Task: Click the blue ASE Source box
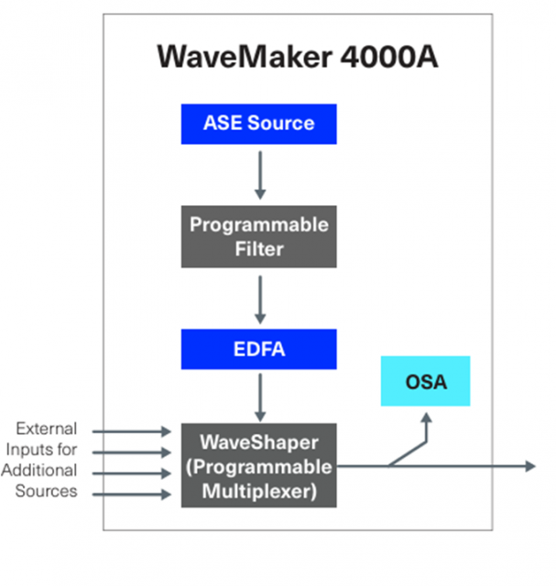258,124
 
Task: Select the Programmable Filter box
258,235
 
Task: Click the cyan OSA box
426,381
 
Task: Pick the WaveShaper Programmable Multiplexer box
258,465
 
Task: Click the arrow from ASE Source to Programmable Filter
259,174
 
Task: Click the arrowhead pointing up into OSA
427,418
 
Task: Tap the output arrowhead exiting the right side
529,466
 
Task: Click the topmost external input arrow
132,429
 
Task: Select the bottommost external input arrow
132,494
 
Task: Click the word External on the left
47,429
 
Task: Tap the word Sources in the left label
46,491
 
